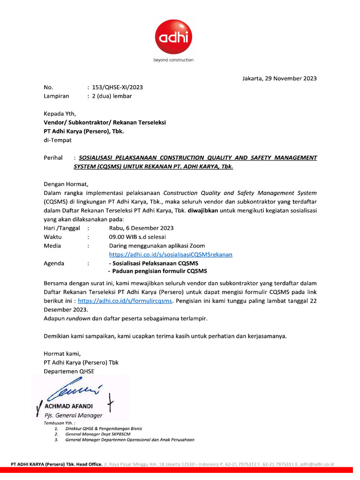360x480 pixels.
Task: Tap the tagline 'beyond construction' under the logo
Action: (173, 60)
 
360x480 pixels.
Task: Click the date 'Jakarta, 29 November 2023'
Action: (279, 78)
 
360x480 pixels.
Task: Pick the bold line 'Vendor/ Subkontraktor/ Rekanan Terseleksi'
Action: (105, 122)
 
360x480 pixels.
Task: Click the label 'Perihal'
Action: (53, 158)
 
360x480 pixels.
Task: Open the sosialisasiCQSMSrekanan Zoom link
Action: (171, 255)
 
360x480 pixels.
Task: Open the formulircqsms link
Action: (126, 301)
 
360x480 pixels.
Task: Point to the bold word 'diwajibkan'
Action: (204, 210)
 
